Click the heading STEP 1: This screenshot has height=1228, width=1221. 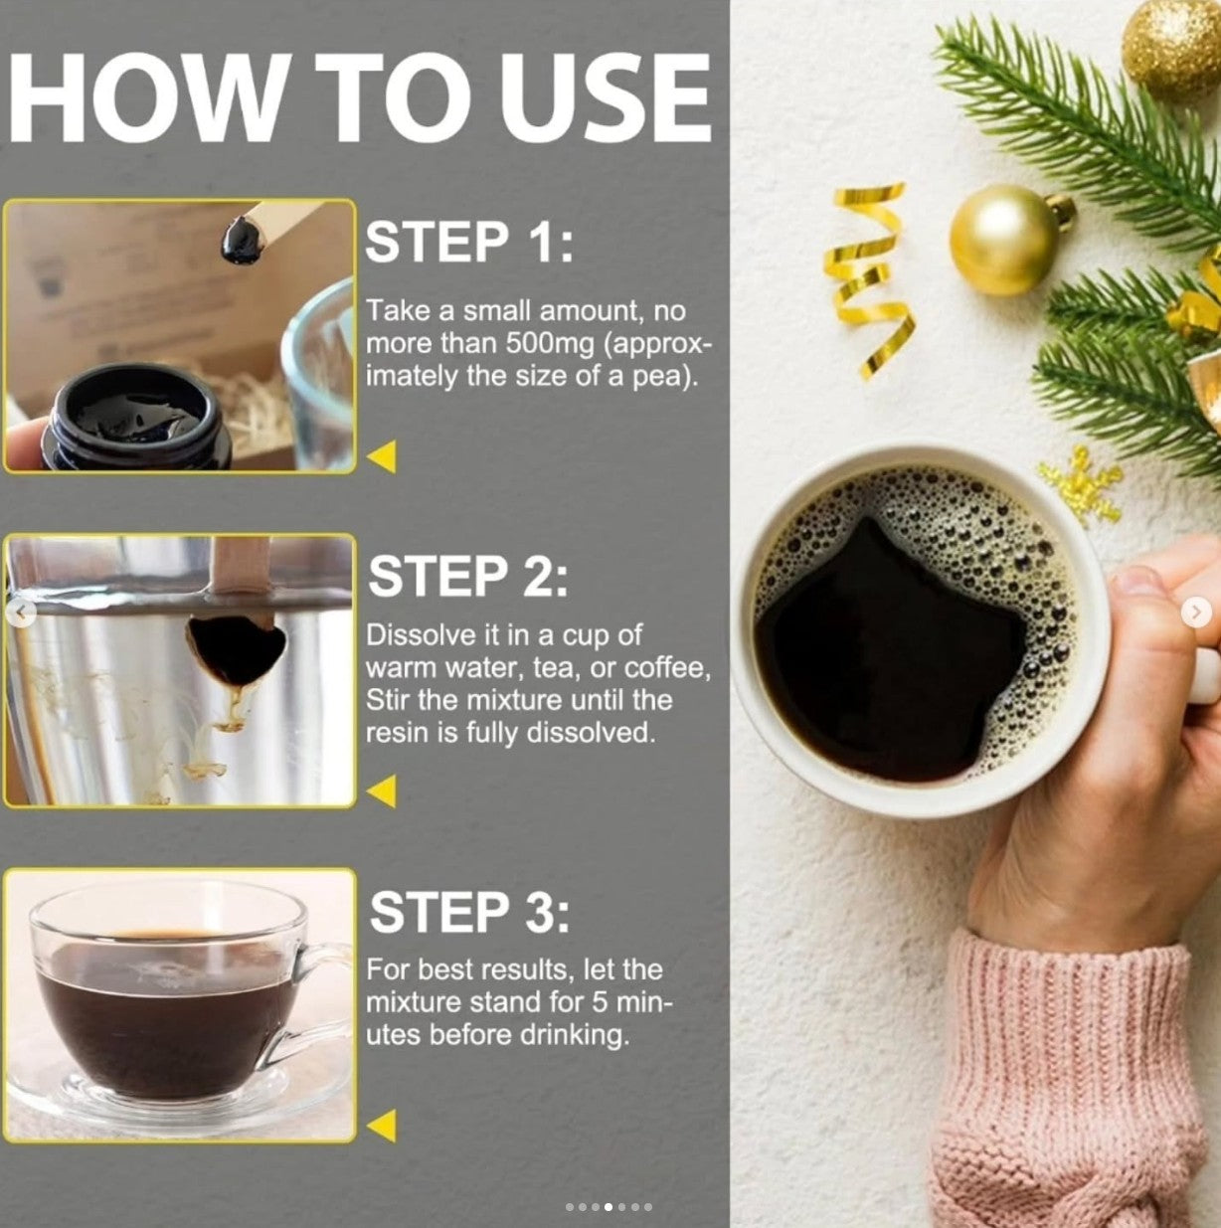[469, 243]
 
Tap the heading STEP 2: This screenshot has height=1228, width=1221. [467, 576]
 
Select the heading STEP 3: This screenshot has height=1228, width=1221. [469, 912]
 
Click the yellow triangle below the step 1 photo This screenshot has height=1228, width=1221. [382, 456]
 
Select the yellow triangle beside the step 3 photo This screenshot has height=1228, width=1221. [382, 1126]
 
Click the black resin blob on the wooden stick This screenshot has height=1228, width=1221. [243, 240]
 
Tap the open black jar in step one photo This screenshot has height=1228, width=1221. [137, 418]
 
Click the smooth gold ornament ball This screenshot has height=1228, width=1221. [1005, 241]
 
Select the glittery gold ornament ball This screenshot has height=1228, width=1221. [1171, 49]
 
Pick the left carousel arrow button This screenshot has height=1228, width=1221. [21, 614]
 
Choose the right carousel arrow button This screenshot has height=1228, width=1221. [1196, 613]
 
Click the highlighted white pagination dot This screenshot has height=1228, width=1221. [609, 1207]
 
